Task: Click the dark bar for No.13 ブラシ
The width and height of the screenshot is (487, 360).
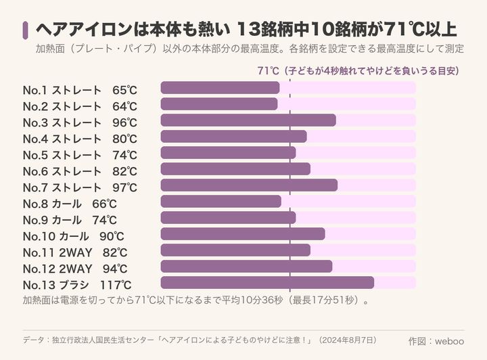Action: [x=267, y=283]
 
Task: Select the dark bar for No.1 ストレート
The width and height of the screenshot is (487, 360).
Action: [x=220, y=88]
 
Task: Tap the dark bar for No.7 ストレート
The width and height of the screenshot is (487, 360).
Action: [x=249, y=185]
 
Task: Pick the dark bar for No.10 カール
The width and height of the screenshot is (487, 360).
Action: [x=243, y=234]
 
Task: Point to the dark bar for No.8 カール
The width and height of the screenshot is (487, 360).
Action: [x=221, y=201]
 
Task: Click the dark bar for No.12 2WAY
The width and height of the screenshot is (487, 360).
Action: [x=246, y=266]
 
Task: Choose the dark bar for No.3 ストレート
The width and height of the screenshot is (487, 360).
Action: [x=248, y=120]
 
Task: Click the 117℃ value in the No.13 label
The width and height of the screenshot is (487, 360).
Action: [x=116, y=285]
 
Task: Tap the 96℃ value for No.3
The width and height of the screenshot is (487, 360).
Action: [x=124, y=122]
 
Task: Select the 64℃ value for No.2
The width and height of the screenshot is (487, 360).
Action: [x=124, y=106]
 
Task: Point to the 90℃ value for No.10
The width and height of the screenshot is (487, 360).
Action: [x=112, y=236]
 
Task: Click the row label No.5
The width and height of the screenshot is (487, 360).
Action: [x=35, y=155]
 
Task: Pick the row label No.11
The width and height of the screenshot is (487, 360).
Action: [x=39, y=252]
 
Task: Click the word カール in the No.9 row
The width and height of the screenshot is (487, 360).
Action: [x=66, y=220]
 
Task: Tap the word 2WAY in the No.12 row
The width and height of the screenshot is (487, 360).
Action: [x=76, y=269]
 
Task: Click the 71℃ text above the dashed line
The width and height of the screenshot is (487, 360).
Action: [x=269, y=71]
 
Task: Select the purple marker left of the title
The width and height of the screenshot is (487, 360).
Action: [x=25, y=30]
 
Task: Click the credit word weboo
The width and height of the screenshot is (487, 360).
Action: [x=449, y=341]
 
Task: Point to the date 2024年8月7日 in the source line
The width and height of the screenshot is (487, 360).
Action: [x=348, y=340]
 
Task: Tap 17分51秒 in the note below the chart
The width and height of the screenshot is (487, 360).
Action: [x=333, y=300]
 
